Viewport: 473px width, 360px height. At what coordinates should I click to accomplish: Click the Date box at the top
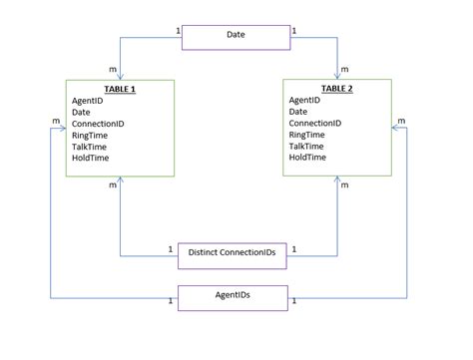click(x=236, y=36)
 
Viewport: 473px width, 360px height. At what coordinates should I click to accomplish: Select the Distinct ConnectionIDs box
click(x=232, y=254)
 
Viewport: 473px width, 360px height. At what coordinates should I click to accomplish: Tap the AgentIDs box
click(x=234, y=297)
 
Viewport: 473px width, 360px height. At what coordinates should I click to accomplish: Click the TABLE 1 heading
click(x=120, y=89)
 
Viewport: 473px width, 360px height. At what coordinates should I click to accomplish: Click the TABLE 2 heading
click(x=336, y=89)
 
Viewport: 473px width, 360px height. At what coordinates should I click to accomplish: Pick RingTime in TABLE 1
click(x=91, y=135)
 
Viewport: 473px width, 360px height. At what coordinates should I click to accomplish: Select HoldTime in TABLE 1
click(x=91, y=158)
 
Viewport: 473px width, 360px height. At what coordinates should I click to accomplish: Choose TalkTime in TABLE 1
click(x=91, y=146)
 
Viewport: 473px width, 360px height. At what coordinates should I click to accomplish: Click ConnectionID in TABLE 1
click(x=98, y=124)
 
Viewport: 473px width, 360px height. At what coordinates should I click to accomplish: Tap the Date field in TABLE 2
click(x=298, y=112)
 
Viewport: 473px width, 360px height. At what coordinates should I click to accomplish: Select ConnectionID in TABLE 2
click(x=314, y=124)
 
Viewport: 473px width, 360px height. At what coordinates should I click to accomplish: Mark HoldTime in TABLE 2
click(x=307, y=158)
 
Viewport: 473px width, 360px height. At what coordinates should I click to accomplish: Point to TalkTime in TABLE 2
click(x=307, y=146)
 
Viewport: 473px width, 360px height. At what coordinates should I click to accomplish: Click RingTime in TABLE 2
click(x=307, y=135)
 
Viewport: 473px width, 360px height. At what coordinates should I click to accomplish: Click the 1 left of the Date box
click(x=178, y=31)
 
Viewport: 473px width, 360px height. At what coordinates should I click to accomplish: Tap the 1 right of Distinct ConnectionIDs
click(x=293, y=249)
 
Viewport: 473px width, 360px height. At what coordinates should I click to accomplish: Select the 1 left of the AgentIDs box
click(x=170, y=300)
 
